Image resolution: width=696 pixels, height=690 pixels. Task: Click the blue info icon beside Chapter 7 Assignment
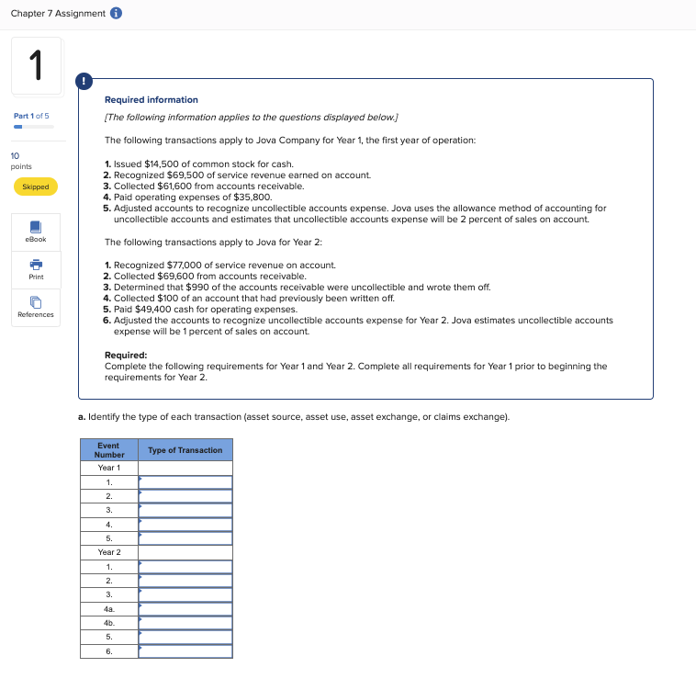tap(117, 13)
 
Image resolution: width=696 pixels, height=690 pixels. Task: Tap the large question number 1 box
tap(37, 66)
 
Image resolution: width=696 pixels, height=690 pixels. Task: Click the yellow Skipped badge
tap(36, 187)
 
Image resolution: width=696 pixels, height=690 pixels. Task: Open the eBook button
tap(36, 231)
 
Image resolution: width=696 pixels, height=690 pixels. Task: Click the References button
tap(36, 307)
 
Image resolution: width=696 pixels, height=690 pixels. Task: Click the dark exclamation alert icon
tap(85, 81)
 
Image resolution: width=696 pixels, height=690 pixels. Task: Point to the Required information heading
tap(151, 99)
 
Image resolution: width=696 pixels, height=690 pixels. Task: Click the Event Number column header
tap(108, 449)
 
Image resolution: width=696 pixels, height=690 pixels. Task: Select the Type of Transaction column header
tap(185, 450)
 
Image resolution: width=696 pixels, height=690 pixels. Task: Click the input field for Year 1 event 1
tap(185, 482)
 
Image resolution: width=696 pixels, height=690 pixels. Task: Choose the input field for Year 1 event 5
tap(185, 538)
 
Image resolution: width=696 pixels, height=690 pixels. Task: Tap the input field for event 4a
tap(185, 608)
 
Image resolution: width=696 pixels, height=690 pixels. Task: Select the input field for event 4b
tap(185, 622)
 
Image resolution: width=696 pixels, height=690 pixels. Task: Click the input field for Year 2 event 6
tap(185, 650)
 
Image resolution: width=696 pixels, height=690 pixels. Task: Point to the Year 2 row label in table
tap(108, 552)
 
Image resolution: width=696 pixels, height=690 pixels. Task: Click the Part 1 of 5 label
tap(32, 115)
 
